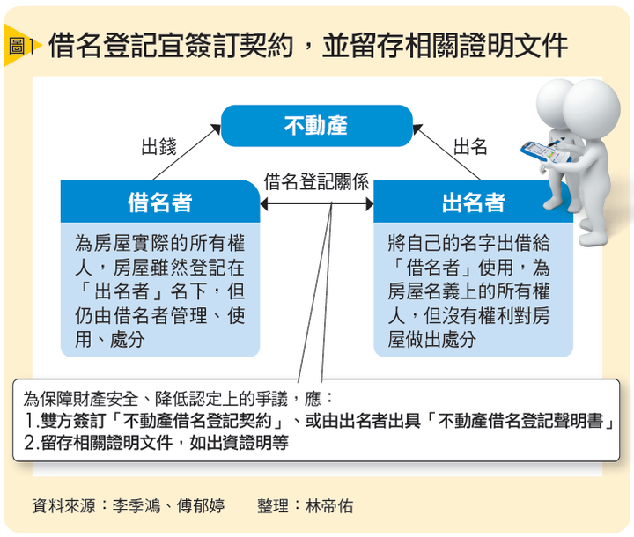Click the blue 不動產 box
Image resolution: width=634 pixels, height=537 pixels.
coord(317,126)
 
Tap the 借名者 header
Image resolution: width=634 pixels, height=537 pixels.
coord(160,202)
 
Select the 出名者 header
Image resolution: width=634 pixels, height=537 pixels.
coord(473,202)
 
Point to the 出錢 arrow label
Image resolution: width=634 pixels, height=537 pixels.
coord(158,146)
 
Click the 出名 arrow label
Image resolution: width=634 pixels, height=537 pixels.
coord(470,146)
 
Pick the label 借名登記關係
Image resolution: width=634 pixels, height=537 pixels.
coord(316,181)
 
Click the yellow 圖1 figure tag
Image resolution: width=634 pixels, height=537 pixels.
coord(22,45)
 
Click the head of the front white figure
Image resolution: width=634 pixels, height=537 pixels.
coord(591,108)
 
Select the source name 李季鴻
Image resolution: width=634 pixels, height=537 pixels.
coord(136,506)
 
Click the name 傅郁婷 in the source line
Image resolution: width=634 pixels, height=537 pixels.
coord(201,506)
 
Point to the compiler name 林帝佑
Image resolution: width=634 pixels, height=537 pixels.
coord(329,506)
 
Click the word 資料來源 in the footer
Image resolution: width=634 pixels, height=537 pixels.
coord(64,506)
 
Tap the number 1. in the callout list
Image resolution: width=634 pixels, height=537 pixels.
coord(32,421)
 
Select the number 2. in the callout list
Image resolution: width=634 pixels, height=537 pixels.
coord(32,443)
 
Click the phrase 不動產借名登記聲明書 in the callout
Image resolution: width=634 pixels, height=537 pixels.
coord(520,421)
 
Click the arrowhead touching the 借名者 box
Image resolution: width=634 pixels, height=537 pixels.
coord(264,204)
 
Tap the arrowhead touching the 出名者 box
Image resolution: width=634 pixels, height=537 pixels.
coord(370,204)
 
